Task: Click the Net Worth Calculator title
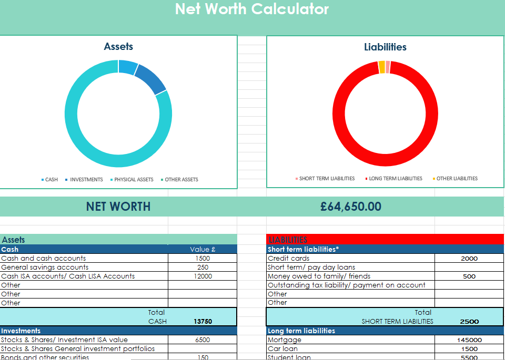[x=252, y=9]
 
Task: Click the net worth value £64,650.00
[x=351, y=207]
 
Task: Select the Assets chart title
[x=118, y=46]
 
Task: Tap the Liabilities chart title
[x=385, y=47]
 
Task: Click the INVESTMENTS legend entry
[x=86, y=180]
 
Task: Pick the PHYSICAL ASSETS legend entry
[x=134, y=180]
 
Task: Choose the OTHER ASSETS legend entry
[x=181, y=180]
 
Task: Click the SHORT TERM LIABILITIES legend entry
[x=327, y=179]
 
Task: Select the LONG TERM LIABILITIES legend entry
[x=396, y=179]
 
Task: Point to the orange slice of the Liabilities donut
[x=381, y=67]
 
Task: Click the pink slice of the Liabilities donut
[x=388, y=67]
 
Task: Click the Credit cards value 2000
[x=469, y=259]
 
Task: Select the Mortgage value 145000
[x=469, y=340]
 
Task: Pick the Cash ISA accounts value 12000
[x=203, y=276]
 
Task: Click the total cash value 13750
[x=203, y=322]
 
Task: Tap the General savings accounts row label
[x=45, y=268]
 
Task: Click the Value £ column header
[x=203, y=250]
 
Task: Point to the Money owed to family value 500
[x=469, y=276]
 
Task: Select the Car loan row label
[x=282, y=349]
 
